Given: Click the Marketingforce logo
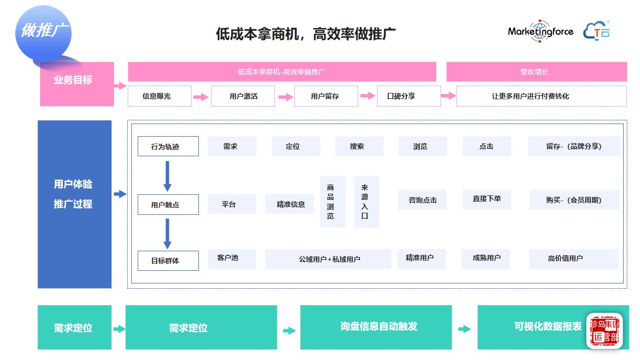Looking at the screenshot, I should [540, 31].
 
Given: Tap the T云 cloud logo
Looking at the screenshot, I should [597, 31].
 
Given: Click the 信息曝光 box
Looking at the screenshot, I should [159, 96].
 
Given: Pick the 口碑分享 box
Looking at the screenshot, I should [409, 96].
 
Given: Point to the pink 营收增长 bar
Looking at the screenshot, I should [536, 72].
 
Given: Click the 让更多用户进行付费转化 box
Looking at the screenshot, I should [541, 96].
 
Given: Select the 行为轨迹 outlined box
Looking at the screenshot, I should [168, 146].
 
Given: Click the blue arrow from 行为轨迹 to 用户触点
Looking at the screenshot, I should [167, 176].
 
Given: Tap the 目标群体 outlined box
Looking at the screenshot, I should [168, 260].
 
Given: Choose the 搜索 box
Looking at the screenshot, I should [359, 146].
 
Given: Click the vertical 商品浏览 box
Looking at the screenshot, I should [332, 202].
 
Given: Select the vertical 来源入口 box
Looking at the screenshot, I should [366, 202].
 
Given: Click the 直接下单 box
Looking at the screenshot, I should [486, 199].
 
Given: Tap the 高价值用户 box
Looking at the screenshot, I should [573, 259].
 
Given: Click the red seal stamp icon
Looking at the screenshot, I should [604, 331].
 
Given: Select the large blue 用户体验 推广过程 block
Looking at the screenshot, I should [74, 204].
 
